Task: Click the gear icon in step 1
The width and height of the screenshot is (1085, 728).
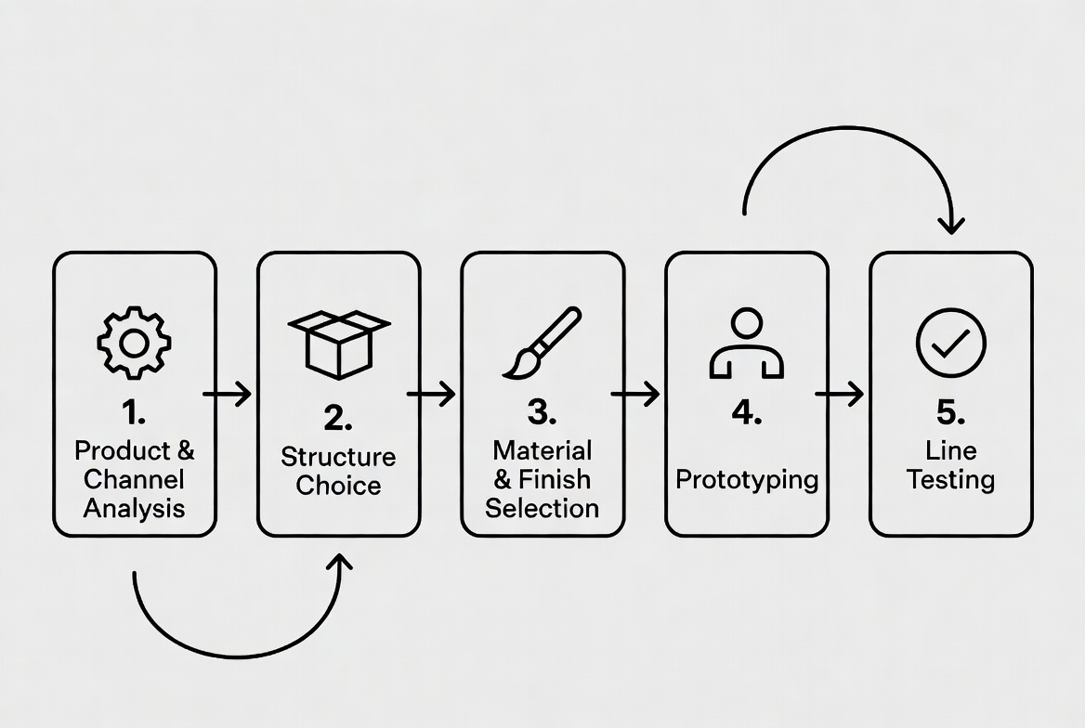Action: (134, 343)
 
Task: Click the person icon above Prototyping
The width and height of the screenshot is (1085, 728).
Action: (746, 344)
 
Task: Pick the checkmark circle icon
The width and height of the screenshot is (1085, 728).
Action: (950, 343)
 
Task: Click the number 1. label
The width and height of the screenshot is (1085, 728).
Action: (134, 411)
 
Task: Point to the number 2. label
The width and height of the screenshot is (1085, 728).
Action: (338, 418)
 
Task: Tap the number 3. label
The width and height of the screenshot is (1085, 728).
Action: (542, 411)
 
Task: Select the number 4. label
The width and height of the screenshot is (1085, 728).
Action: (746, 411)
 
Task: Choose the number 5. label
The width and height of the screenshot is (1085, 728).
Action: (950, 411)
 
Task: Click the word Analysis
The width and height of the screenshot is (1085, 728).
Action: (134, 508)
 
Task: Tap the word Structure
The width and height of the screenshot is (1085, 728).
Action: (338, 457)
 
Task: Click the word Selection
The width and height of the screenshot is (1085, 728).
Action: (542, 508)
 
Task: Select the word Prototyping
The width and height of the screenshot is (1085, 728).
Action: (747, 480)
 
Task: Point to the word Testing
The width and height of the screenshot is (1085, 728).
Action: (950, 480)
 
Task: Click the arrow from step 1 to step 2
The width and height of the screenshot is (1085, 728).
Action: (228, 394)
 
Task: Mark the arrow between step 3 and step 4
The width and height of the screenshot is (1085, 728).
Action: (635, 394)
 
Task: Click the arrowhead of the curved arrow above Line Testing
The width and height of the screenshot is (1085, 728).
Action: (950, 225)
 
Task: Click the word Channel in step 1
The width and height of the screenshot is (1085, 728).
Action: (134, 480)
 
